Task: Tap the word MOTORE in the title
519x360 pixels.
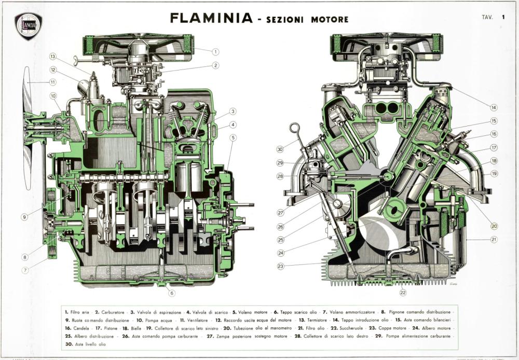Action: point(330,20)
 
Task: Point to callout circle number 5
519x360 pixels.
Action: point(234,137)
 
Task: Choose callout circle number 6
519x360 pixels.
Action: point(172,293)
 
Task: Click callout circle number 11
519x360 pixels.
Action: point(52,82)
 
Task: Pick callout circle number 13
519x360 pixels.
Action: point(52,57)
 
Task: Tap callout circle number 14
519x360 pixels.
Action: point(493,108)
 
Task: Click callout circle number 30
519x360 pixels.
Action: point(280,149)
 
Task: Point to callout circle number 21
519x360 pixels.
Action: point(493,240)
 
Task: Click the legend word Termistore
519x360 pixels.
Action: point(309,321)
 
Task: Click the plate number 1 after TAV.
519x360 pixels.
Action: point(503,17)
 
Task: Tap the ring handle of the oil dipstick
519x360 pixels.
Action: point(294,127)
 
